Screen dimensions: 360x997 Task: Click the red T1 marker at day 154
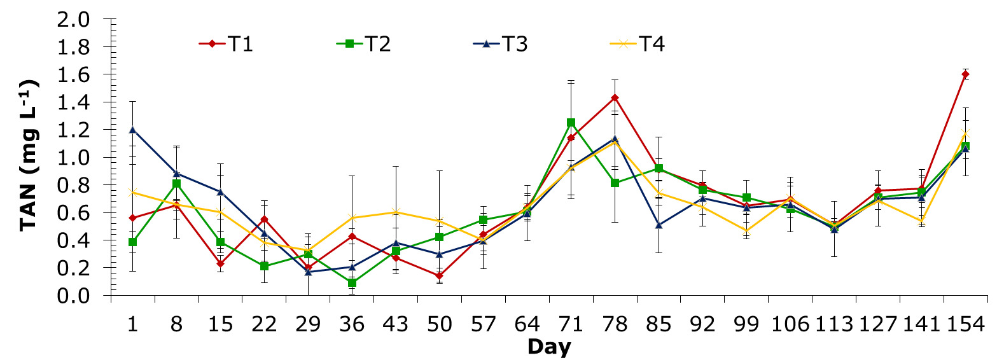click(965, 74)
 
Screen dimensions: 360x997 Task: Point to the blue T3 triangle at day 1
click(133, 130)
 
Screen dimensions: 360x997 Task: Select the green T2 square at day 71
click(571, 122)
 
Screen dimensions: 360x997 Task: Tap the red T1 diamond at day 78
click(615, 98)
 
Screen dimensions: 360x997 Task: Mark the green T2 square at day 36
click(352, 283)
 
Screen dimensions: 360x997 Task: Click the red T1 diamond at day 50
click(440, 276)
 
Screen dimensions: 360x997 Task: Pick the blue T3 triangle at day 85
click(659, 225)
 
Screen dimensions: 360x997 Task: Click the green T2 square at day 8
click(177, 183)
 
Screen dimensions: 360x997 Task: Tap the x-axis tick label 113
click(834, 324)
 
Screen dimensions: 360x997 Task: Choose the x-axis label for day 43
click(396, 324)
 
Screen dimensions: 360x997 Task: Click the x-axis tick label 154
click(965, 324)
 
